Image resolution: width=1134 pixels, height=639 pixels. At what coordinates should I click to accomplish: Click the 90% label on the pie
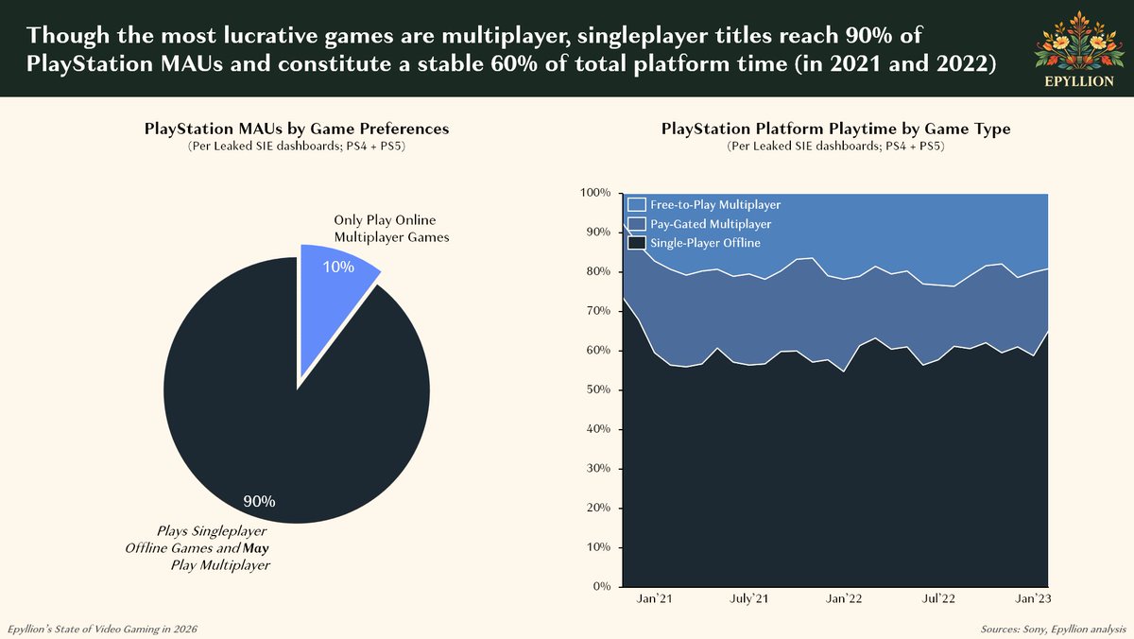259,501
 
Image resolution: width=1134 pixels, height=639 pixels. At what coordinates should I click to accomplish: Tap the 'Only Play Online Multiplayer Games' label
390,229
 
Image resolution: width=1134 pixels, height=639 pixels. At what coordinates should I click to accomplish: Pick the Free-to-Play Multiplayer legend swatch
637,204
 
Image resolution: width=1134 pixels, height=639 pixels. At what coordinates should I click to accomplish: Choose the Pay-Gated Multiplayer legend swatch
637,224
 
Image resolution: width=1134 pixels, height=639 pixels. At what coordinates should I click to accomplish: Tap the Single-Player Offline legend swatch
637,243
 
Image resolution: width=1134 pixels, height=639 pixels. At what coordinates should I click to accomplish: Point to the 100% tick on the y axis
595,193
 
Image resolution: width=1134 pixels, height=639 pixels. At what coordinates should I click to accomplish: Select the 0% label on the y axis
601,587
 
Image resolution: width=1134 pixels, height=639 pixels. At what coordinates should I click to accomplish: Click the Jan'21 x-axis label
654,598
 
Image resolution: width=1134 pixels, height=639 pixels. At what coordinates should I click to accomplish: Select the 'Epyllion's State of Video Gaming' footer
103,629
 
